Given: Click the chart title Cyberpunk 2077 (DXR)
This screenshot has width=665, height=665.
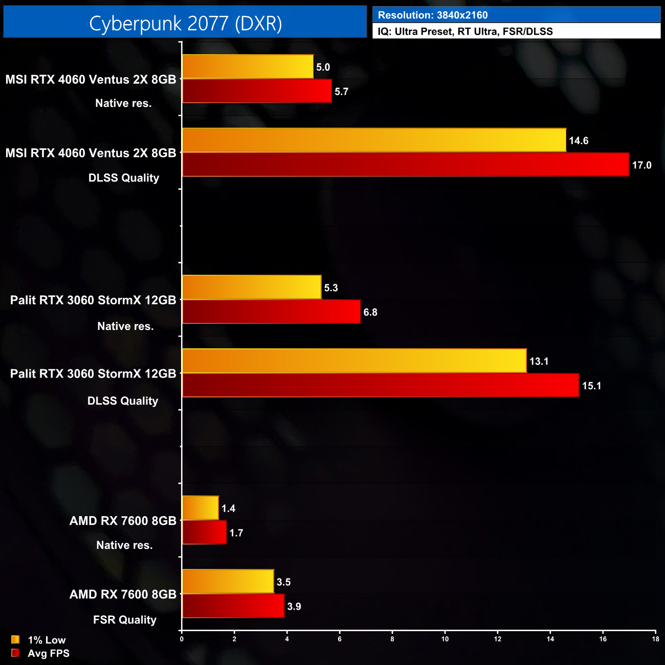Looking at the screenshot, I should coord(185,24).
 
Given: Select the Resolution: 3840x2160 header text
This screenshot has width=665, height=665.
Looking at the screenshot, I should coord(433,15).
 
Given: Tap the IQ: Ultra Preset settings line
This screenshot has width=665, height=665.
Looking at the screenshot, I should coord(465,32).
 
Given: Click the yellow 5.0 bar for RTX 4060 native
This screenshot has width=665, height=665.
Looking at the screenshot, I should coord(248,66).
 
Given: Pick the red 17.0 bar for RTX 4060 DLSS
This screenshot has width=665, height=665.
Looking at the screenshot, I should coord(405,165).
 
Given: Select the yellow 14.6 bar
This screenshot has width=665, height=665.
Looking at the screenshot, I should coord(374,140).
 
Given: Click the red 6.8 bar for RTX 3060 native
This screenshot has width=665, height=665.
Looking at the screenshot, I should coord(271,312).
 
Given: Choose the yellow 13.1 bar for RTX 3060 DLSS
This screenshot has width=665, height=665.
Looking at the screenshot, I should coord(354,361).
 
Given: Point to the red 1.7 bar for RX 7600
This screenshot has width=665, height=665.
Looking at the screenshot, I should coord(204,533).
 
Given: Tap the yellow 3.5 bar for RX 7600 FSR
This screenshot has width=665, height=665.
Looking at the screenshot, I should coord(228,582).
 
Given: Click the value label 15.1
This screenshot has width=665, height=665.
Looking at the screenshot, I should coord(591,386).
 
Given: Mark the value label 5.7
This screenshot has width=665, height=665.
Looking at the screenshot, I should coord(341,92).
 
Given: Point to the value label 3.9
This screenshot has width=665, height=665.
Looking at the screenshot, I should coord(294,607).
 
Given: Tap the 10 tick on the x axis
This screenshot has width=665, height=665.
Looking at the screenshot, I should coord(445,639).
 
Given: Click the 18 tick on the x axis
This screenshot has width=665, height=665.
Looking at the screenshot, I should coord(655,639).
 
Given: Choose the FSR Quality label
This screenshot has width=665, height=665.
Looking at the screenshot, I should coord(125,620).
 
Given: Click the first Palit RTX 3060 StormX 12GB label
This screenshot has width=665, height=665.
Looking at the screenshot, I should coord(93,300).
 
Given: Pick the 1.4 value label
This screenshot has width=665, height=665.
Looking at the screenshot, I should coord(228,508).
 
